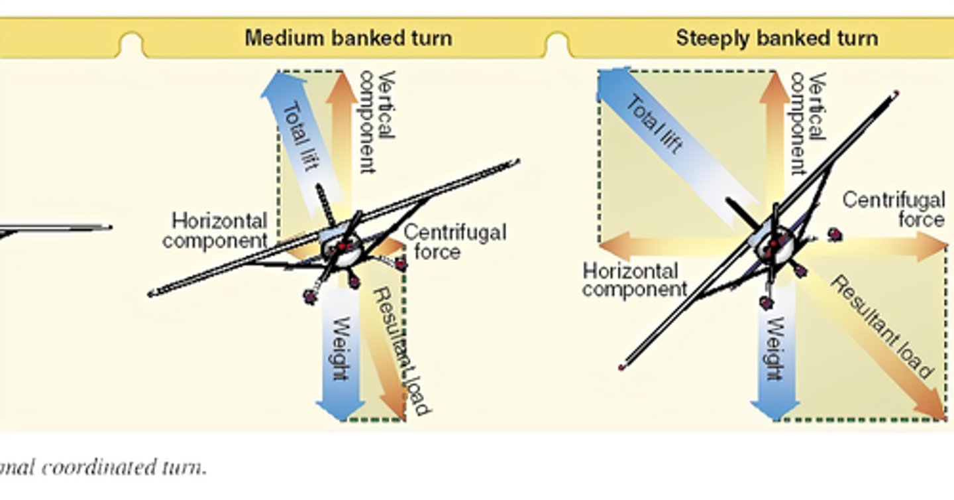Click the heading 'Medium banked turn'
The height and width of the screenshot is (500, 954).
coord(348,38)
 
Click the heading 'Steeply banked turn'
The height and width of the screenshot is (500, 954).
coord(777,38)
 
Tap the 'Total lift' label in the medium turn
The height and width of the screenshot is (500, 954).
coord(301,137)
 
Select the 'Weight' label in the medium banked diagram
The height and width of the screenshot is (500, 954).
coord(341,349)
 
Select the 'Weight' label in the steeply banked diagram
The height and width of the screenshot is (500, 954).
coord(776,349)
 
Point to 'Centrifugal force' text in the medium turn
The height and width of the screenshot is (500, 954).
coord(455,241)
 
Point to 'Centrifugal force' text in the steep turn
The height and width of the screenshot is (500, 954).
coord(894,210)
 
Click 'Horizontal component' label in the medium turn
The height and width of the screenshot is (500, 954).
coord(215,231)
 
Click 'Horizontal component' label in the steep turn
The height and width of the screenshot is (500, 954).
coord(635,280)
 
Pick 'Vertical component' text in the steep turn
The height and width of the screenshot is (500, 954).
coord(808,123)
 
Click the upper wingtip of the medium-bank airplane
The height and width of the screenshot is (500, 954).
coord(518,162)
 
